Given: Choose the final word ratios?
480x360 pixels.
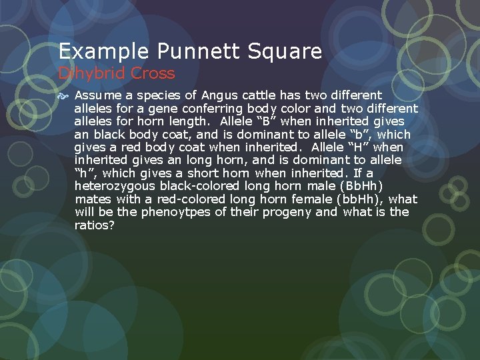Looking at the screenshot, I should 94,225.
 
